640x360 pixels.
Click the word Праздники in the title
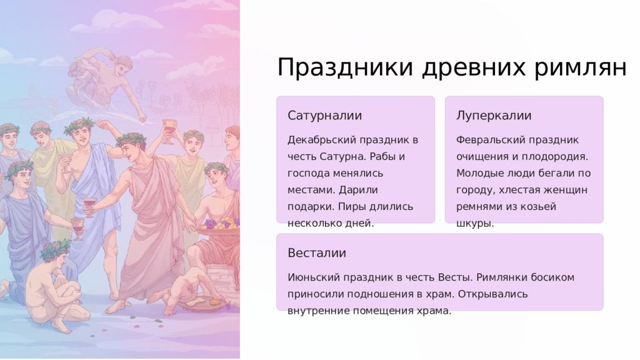[345, 67]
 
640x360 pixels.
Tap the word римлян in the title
[580, 67]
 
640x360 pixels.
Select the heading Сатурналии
[324, 116]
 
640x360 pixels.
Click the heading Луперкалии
[494, 116]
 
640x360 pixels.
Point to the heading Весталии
[317, 253]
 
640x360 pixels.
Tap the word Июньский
[313, 277]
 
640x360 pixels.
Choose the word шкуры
[475, 224]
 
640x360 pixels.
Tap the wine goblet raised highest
[169, 131]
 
